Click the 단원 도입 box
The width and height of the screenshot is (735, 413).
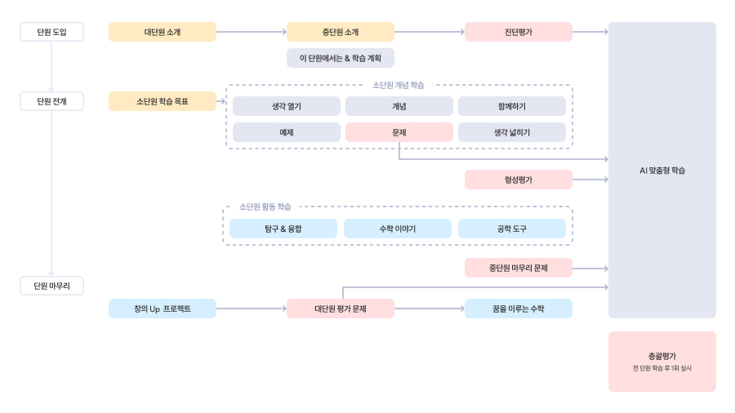51,32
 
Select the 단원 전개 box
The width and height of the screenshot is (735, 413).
51,101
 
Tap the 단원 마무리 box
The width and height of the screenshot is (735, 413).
51,286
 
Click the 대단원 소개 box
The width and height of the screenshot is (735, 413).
163,32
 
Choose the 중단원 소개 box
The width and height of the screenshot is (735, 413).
340,32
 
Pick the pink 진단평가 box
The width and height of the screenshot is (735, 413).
518,32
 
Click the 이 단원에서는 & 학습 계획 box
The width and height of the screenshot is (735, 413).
340,58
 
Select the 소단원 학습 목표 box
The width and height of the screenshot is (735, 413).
163,101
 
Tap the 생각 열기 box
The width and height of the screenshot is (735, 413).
286,106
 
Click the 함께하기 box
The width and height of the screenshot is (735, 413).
511,106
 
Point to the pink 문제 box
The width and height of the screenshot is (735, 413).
399,132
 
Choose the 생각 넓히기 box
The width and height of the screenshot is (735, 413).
511,132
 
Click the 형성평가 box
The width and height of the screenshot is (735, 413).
518,180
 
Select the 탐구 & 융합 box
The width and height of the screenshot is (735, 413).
283,229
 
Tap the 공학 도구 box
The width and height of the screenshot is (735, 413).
511,229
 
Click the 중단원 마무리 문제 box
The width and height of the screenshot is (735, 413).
518,268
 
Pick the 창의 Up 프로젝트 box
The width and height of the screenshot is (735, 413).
163,309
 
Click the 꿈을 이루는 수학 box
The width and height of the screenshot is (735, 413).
518,309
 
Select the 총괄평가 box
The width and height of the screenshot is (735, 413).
661,361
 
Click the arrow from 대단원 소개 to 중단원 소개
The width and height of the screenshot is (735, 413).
251,32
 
